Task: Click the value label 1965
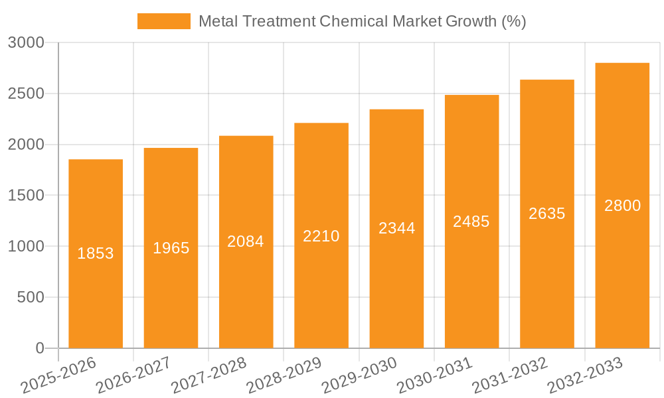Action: [171, 248]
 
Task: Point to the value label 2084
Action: [246, 241]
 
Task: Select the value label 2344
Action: [396, 228]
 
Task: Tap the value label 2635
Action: [547, 214]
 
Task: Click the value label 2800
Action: [622, 206]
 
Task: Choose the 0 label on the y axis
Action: [39, 348]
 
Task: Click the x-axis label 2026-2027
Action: [133, 375]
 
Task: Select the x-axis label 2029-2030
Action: [359, 375]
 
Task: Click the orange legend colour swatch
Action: [163, 21]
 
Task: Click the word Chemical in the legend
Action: [353, 21]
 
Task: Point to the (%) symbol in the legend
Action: [513, 21]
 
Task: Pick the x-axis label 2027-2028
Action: [208, 375]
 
